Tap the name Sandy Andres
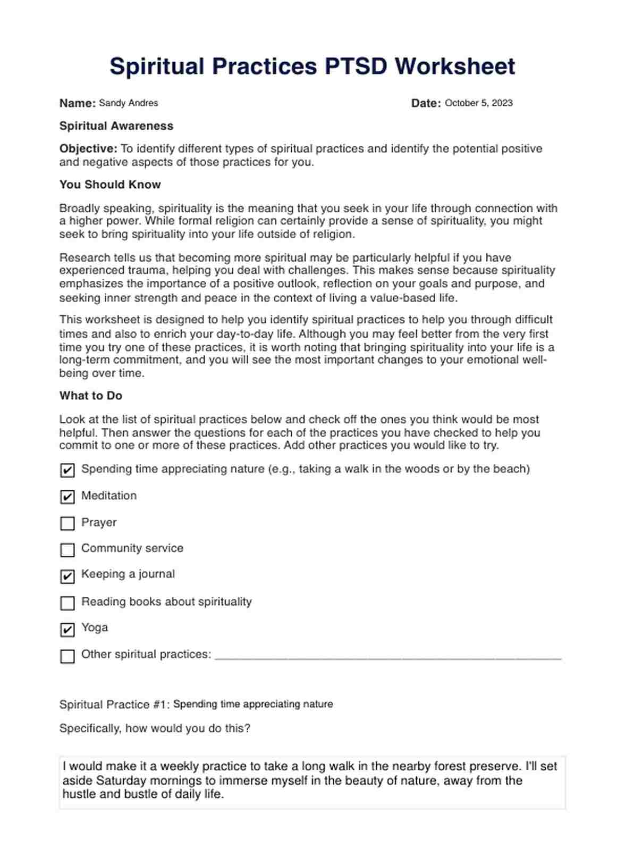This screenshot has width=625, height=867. tap(129, 103)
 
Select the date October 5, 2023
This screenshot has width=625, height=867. tap(478, 103)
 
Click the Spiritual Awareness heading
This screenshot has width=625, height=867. tap(116, 126)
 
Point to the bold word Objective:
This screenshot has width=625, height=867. tap(88, 149)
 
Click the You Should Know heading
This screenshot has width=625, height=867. tap(110, 185)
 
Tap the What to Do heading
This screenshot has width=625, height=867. tap(91, 396)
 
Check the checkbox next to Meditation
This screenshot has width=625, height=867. tap(67, 497)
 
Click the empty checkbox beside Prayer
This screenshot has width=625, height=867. tap(67, 523)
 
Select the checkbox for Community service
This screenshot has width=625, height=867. tap(67, 549)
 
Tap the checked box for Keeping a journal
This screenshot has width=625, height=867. tap(67, 576)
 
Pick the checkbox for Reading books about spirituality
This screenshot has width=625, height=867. tap(67, 603)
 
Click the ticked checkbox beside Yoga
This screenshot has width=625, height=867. tap(67, 629)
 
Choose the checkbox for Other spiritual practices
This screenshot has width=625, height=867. tap(67, 656)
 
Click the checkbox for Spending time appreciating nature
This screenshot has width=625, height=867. tap(67, 470)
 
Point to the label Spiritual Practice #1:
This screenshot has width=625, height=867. tap(114, 705)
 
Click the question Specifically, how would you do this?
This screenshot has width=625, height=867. tap(155, 728)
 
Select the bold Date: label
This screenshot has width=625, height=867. tap(426, 103)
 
